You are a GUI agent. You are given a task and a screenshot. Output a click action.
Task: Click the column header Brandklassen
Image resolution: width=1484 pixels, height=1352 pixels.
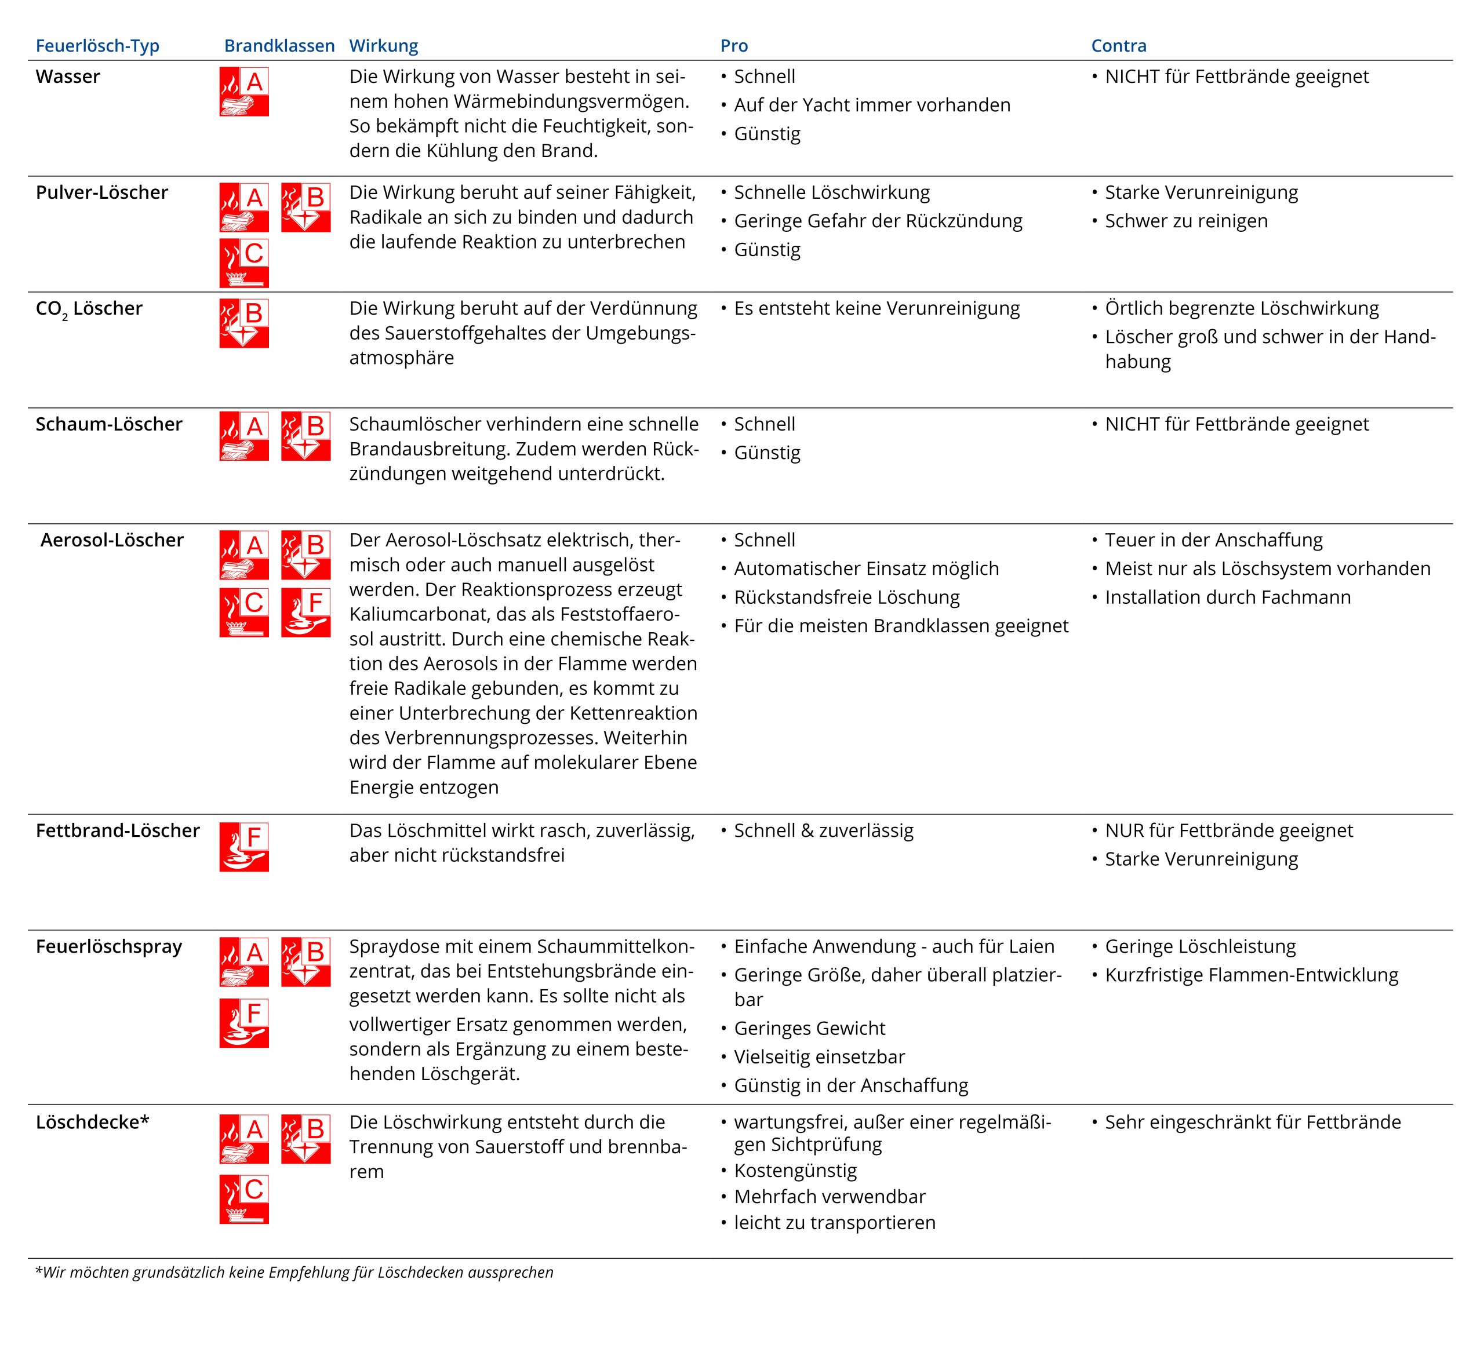[x=279, y=46]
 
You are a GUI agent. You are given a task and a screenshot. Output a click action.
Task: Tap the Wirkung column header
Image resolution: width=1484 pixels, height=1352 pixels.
[x=384, y=46]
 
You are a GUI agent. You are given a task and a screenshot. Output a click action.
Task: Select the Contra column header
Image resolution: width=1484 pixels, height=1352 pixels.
[x=1118, y=46]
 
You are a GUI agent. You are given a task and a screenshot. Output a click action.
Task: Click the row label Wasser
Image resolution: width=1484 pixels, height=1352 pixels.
[x=68, y=76]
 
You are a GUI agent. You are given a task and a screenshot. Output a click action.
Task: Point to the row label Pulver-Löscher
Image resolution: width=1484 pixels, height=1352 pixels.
[x=101, y=192]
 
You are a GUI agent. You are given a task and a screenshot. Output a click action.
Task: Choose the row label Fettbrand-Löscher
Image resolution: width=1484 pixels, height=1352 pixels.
[x=118, y=830]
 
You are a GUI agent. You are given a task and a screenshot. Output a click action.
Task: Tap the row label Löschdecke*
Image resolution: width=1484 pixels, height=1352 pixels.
[x=93, y=1121]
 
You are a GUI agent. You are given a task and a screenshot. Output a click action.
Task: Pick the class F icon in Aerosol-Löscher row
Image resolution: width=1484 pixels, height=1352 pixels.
[x=305, y=613]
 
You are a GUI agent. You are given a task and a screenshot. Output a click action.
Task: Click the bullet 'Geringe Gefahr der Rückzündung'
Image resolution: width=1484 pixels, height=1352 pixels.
[x=878, y=221]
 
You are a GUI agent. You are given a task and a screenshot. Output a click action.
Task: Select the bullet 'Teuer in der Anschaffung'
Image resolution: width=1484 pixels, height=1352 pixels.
[x=1213, y=540]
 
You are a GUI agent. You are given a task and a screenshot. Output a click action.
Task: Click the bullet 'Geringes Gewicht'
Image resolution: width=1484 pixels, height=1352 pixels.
[x=809, y=1028]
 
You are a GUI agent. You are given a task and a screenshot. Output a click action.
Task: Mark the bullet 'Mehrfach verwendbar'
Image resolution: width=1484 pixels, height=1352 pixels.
[x=830, y=1196]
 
